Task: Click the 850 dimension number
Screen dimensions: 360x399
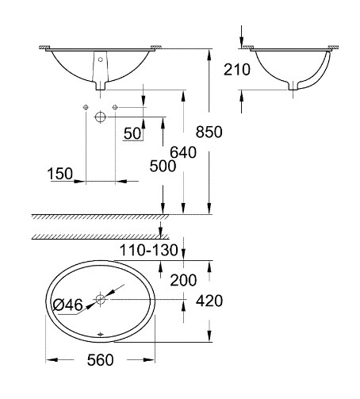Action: click(x=209, y=132)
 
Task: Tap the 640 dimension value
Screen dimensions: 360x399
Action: click(x=183, y=152)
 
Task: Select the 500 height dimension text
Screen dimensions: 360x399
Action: click(x=163, y=167)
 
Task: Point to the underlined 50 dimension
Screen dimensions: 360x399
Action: click(x=132, y=133)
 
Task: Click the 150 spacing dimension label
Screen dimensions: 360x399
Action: click(x=60, y=174)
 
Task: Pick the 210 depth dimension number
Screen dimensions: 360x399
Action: click(x=237, y=70)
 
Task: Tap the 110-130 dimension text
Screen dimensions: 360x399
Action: click(x=149, y=250)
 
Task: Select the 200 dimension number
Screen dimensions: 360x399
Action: click(x=183, y=280)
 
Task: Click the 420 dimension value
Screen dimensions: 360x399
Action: click(x=209, y=301)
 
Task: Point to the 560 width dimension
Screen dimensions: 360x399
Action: click(x=100, y=360)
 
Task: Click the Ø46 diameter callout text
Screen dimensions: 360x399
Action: click(x=67, y=305)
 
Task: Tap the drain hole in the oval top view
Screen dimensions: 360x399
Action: click(x=101, y=299)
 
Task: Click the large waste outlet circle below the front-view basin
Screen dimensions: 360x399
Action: click(x=100, y=117)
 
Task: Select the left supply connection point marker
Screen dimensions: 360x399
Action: click(x=86, y=107)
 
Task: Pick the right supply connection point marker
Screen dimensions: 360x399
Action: click(x=115, y=107)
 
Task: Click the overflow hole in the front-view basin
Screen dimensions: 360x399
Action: click(x=100, y=59)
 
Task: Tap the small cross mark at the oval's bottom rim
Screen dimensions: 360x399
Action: click(x=100, y=335)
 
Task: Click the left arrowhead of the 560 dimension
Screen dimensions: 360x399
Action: click(x=52, y=360)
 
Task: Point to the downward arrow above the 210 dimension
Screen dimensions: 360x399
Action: click(x=241, y=36)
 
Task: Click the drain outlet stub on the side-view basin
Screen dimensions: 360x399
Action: click(x=293, y=86)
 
